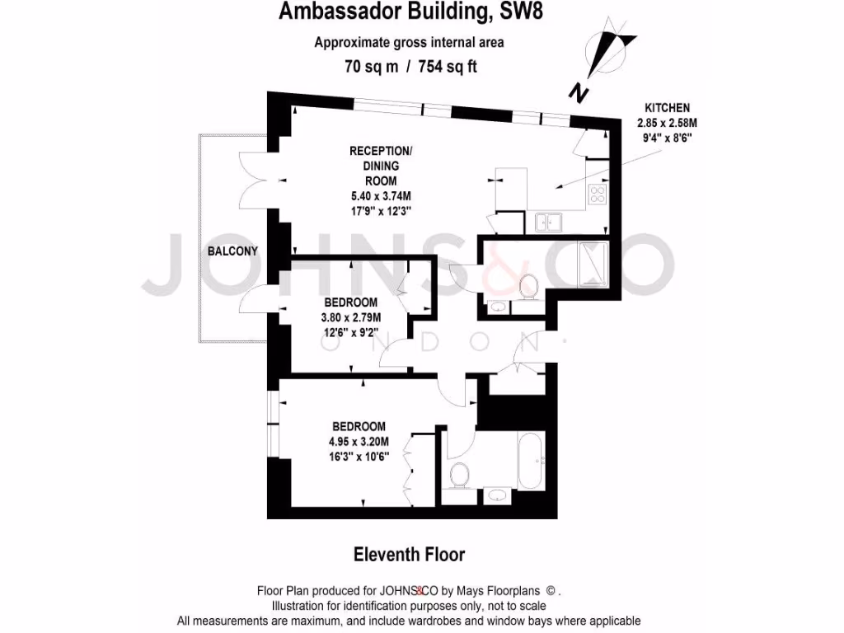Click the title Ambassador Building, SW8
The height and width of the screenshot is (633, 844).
click(410, 12)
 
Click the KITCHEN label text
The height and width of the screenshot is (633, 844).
click(667, 108)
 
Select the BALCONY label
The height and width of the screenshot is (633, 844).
click(233, 251)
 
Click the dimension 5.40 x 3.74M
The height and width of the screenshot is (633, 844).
click(380, 195)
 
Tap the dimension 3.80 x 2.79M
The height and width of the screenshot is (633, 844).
click(350, 317)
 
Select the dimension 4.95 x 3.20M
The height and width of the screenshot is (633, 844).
click(359, 441)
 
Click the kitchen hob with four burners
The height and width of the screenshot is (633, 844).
click(596, 195)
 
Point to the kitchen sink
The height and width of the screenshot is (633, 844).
click(547, 221)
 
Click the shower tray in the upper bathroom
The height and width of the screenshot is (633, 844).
click(592, 262)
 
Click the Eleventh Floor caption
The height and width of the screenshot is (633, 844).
click(409, 554)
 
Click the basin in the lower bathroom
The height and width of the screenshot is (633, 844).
click(496, 495)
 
